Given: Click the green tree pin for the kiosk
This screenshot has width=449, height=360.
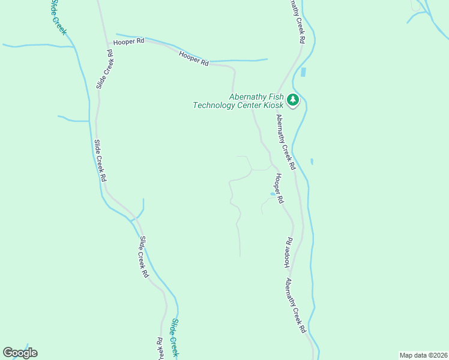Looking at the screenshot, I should tap(293, 100).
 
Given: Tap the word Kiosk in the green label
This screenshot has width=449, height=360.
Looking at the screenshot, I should tap(272, 106).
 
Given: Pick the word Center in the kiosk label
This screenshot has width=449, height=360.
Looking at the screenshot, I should tap(248, 106).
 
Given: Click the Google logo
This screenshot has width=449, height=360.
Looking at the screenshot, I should tap(20, 353).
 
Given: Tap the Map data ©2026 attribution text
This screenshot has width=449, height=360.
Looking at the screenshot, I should tap(423, 355).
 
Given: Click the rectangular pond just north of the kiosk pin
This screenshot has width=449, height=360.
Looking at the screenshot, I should tap(303, 73).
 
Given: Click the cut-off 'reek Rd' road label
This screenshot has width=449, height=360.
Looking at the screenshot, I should tap(160, 347).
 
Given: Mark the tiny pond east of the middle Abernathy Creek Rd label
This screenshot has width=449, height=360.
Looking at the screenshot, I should tap(312, 161).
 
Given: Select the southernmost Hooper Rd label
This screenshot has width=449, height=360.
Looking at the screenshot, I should tap(288, 252).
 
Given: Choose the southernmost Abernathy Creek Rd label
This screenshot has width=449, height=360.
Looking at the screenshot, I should tap(295, 305).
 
